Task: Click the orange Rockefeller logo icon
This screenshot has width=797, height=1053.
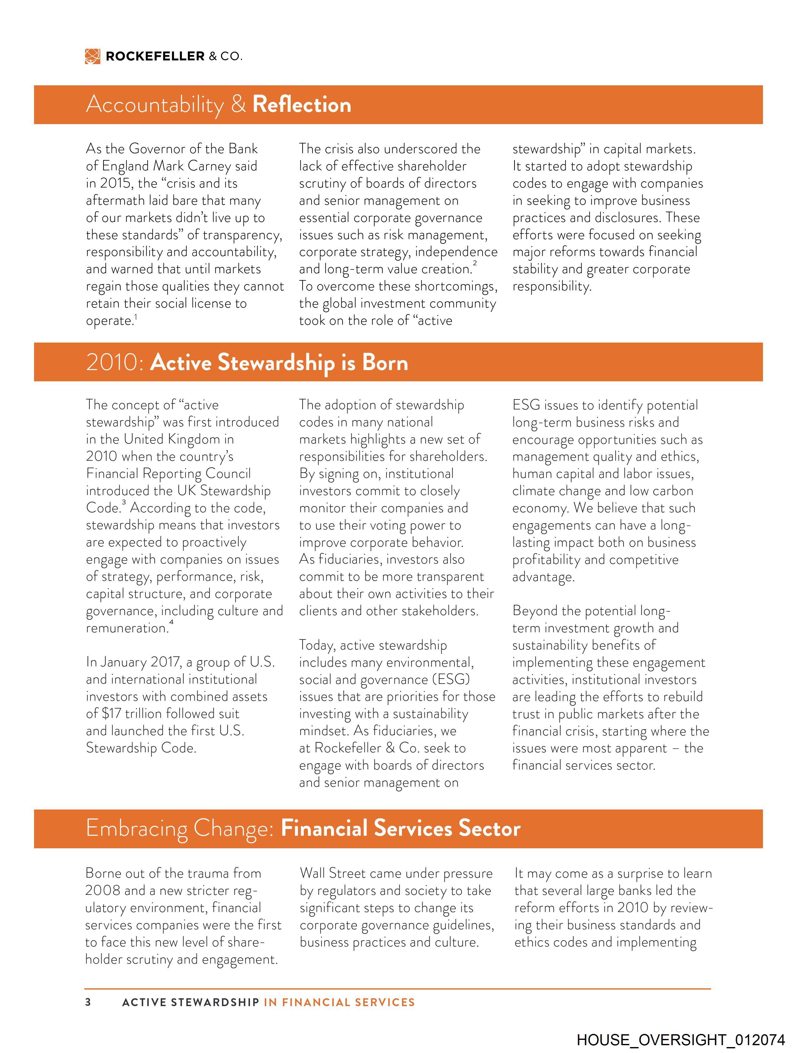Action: click(93, 56)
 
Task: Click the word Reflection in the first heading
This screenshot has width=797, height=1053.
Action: click(302, 105)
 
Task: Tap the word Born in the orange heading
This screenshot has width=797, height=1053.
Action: click(385, 363)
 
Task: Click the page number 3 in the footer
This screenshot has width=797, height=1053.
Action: click(88, 1002)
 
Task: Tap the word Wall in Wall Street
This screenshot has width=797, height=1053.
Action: click(314, 874)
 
